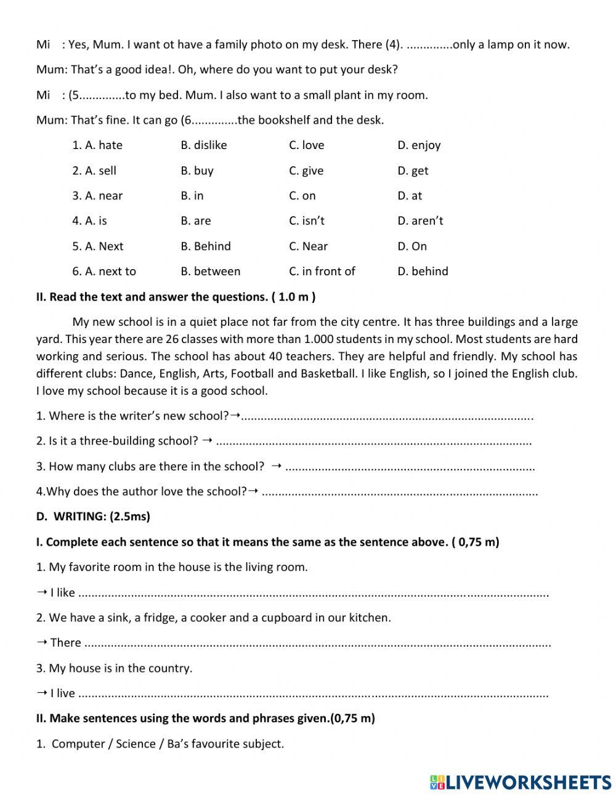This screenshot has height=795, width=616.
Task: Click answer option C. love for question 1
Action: [306, 145]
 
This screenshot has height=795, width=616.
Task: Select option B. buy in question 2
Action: [197, 171]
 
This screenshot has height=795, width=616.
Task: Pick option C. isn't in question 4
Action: [306, 221]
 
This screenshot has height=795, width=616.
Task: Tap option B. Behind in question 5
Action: [205, 246]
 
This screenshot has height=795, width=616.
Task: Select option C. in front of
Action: [322, 272]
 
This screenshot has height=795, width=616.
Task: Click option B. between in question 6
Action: [210, 272]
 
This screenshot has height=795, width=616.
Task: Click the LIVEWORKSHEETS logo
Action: [520, 781]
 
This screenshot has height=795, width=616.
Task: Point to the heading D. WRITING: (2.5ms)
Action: [93, 517]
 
